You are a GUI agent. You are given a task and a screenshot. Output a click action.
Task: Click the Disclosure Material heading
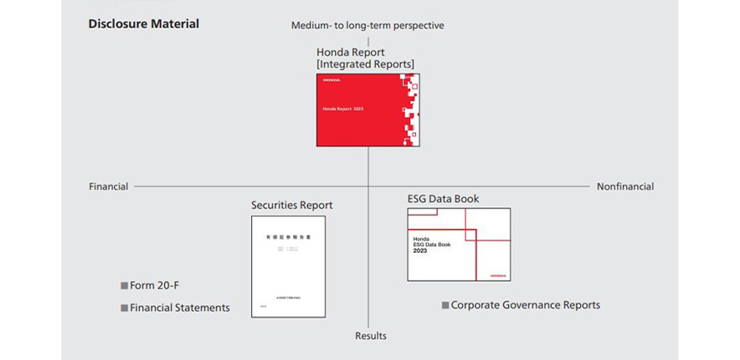coord(143,23)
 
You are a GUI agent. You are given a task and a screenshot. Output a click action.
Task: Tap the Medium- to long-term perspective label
coord(368,26)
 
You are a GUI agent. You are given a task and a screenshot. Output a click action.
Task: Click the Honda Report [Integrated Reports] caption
coord(365,58)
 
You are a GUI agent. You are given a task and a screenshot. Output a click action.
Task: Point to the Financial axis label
coord(109,186)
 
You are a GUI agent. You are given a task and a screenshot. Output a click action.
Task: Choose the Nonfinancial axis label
coord(625,186)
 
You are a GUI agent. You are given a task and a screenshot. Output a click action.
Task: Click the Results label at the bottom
coord(371,336)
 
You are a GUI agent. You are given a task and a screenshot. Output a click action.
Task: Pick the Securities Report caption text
coord(291,205)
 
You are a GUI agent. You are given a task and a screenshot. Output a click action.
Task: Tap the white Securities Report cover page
coord(288,266)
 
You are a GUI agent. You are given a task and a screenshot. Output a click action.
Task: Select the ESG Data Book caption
coord(443,199)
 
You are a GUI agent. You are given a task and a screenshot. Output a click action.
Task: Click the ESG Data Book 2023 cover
coord(458,245)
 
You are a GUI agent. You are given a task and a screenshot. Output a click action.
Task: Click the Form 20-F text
coord(155,286)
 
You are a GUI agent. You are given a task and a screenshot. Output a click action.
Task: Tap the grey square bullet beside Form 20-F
coord(125,286)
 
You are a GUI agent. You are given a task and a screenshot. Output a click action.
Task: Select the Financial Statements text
coord(180,308)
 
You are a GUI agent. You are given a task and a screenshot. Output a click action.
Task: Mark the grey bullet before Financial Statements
coord(125,308)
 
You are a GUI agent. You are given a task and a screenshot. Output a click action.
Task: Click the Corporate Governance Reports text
coord(526,306)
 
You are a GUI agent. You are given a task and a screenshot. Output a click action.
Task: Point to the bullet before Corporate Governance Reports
coord(446,306)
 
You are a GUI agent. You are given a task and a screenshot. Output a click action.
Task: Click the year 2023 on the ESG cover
coord(420,251)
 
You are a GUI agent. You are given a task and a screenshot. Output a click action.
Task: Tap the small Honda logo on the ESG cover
coord(498,275)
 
